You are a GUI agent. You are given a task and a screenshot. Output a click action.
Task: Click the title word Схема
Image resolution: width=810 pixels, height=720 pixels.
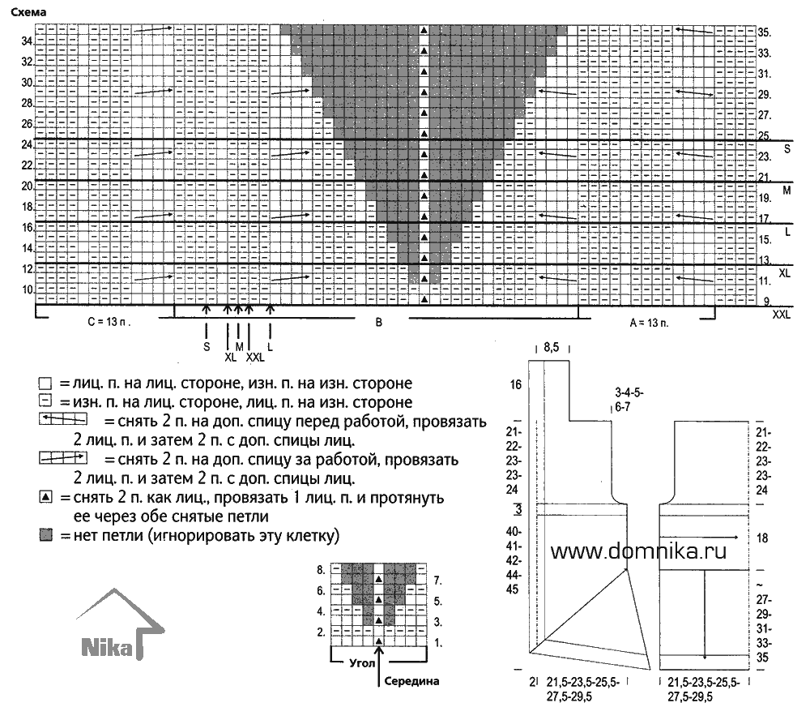click(x=28, y=12)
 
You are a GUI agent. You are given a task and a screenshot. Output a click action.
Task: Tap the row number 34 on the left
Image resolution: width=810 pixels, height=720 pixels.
click(x=27, y=41)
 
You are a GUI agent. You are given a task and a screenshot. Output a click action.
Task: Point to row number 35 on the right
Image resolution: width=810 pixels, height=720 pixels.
click(x=765, y=32)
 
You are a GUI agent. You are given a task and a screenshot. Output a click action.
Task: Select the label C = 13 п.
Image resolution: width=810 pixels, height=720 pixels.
click(x=109, y=322)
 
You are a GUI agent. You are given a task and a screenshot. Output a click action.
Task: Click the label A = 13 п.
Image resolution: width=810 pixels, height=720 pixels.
click(x=649, y=324)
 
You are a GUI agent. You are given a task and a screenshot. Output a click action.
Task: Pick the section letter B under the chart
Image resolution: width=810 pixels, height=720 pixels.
click(x=378, y=322)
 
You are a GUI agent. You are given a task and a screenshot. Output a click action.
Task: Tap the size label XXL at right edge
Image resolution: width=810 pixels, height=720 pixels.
click(x=781, y=314)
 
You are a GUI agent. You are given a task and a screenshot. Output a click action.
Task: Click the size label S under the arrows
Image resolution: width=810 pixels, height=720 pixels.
click(x=207, y=346)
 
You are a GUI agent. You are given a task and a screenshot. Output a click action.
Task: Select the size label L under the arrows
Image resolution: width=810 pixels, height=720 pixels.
click(x=270, y=347)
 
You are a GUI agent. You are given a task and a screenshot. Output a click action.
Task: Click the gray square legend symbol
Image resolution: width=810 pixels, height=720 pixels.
click(x=46, y=535)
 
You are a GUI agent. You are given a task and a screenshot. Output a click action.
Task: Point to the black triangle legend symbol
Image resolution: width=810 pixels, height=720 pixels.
click(x=46, y=498)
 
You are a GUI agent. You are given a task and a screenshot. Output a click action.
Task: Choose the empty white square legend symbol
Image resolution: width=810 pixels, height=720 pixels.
click(x=45, y=384)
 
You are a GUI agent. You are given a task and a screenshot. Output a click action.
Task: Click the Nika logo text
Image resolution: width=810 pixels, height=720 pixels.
click(x=107, y=648)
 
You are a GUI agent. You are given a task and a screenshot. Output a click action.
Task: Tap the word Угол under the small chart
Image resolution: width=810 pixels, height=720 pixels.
click(x=362, y=663)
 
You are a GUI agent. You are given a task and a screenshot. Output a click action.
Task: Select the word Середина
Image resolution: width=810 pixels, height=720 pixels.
click(x=411, y=681)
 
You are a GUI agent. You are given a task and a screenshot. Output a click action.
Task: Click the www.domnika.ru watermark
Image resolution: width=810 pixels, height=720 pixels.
click(x=638, y=551)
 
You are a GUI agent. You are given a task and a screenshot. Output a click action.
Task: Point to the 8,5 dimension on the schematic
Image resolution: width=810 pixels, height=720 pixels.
click(x=551, y=348)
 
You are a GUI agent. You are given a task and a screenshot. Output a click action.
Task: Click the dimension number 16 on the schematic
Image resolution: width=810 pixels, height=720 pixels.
click(x=515, y=385)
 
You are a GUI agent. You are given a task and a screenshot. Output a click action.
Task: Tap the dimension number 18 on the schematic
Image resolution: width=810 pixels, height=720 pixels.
click(x=762, y=538)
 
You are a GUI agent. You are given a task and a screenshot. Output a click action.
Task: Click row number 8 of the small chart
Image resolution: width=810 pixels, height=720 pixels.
click(x=321, y=570)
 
